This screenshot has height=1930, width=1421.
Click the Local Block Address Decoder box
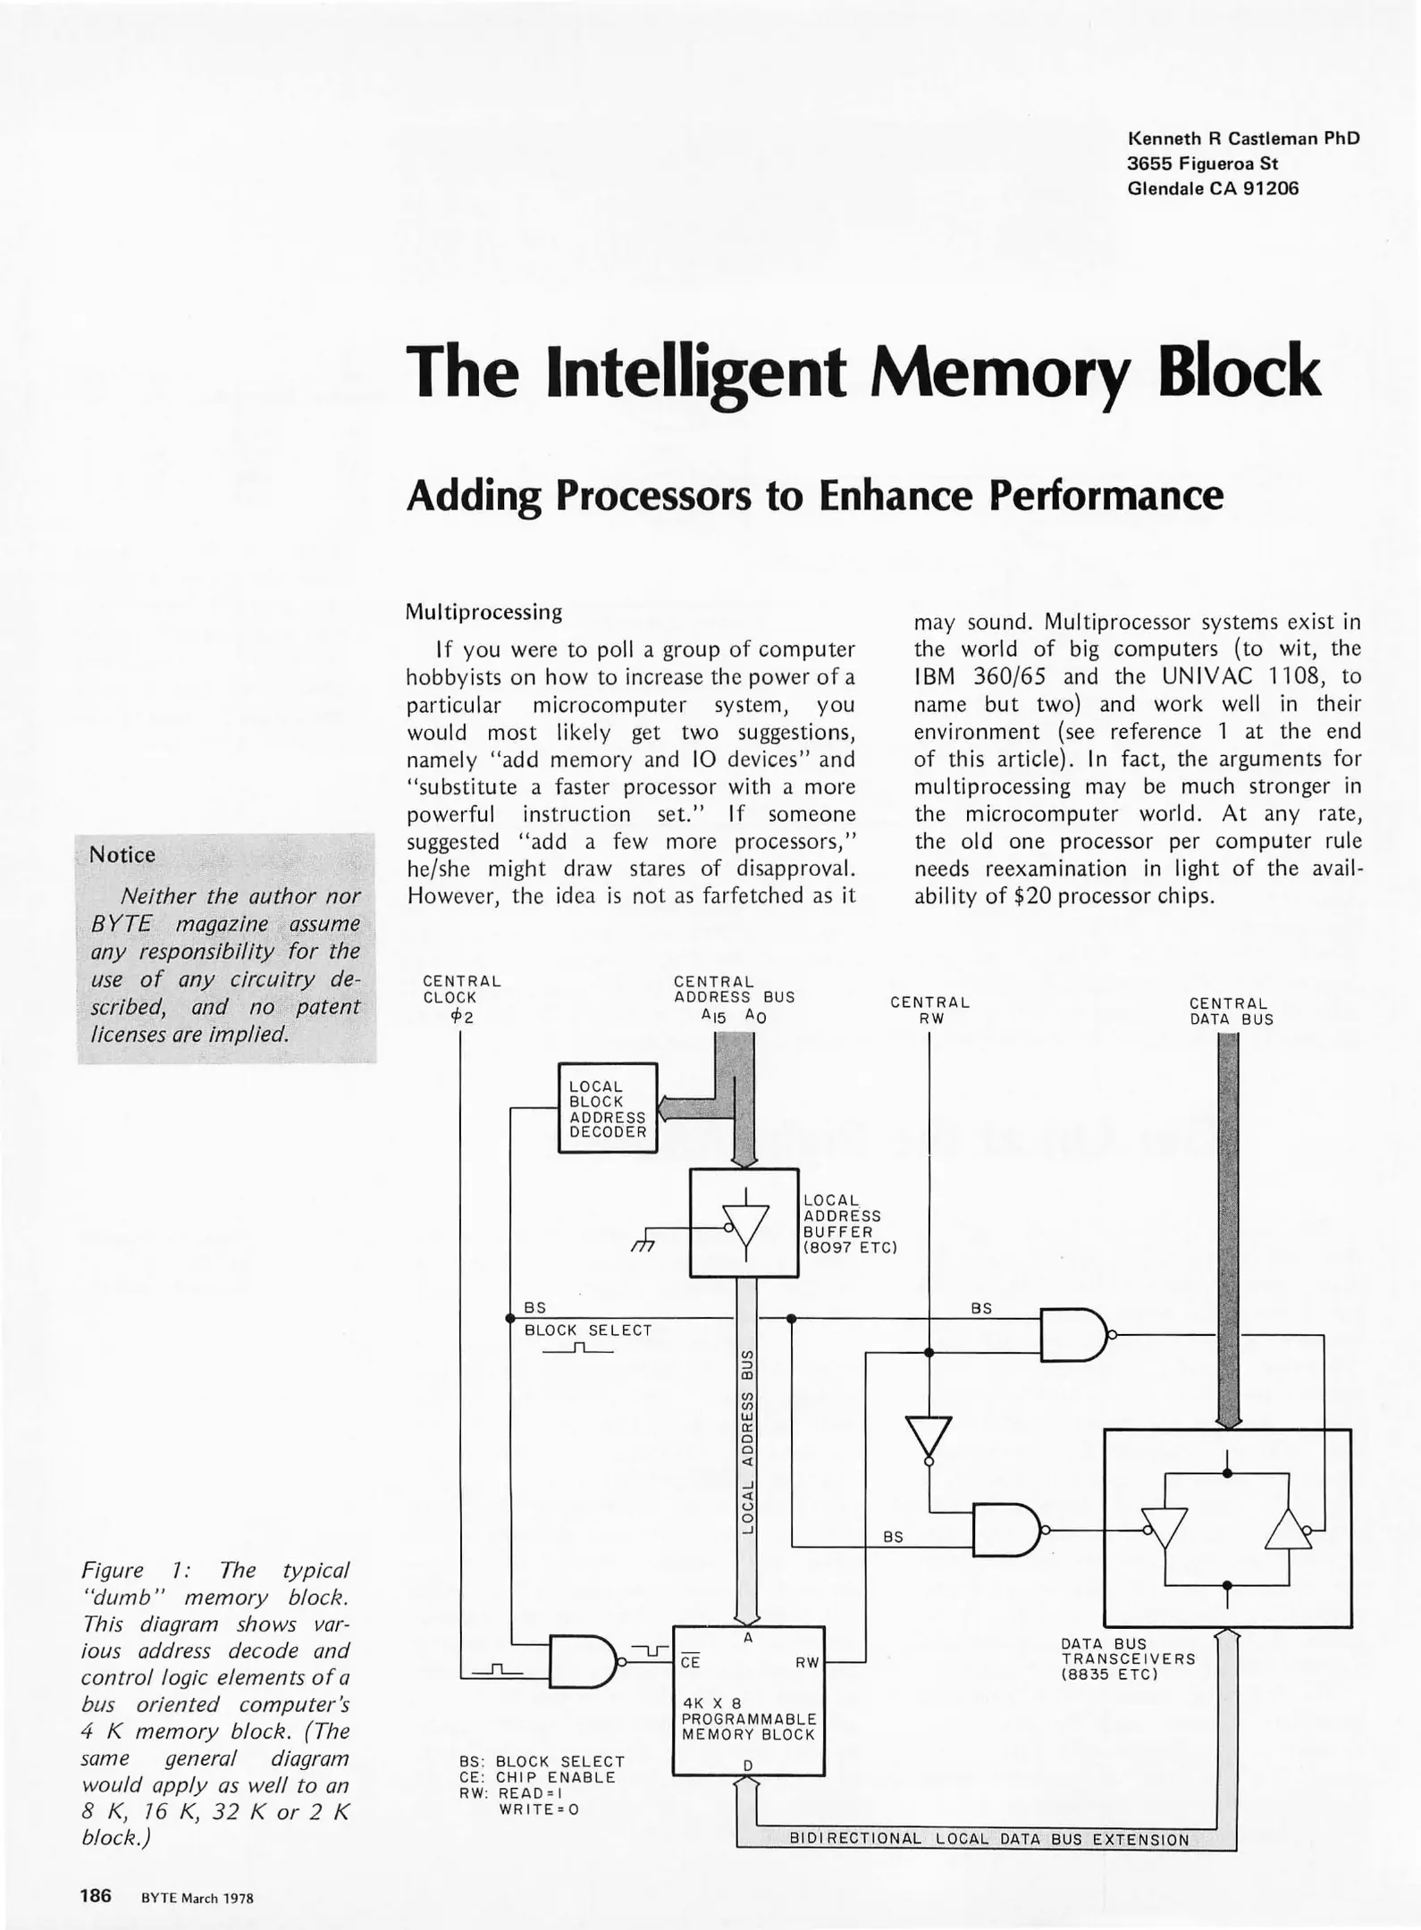[x=608, y=1108]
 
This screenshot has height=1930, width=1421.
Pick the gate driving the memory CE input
[x=583, y=1662]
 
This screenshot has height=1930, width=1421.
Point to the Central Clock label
[x=462, y=989]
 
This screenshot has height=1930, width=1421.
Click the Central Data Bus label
[x=1231, y=1011]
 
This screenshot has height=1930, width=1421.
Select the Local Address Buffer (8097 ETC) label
[x=848, y=1224]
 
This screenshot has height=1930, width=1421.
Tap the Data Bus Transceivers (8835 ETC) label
[x=1127, y=1658]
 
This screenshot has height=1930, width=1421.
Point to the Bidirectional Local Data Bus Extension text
[x=989, y=1839]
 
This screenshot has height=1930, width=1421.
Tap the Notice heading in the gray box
[x=122, y=855]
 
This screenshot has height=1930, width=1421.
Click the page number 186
[x=96, y=1894]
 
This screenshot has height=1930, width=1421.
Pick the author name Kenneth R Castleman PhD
[x=1243, y=138]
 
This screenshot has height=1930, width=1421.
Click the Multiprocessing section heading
[x=483, y=612]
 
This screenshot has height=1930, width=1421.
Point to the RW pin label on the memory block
[x=806, y=1663]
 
